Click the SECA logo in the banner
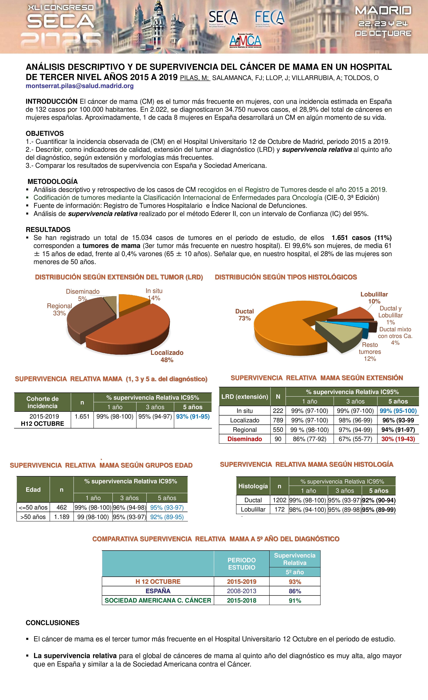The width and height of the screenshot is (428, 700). pos(223,18)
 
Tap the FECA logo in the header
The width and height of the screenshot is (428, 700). pos(269,18)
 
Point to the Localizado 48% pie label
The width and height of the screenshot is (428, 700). pos(167,356)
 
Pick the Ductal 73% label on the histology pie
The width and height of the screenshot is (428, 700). pos(244,314)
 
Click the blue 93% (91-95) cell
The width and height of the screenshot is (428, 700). pos(193,417)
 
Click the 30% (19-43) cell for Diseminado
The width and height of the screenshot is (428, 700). pos(398,439)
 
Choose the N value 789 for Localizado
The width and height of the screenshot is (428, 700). pos(278,420)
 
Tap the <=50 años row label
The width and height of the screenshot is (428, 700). pos(33,507)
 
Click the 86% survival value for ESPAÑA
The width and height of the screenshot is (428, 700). pos(295,591)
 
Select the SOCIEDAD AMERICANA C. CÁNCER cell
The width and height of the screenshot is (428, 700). pos(158,601)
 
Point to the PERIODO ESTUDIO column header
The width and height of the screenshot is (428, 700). pos(242,564)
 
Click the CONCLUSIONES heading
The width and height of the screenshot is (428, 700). pos(53,623)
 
